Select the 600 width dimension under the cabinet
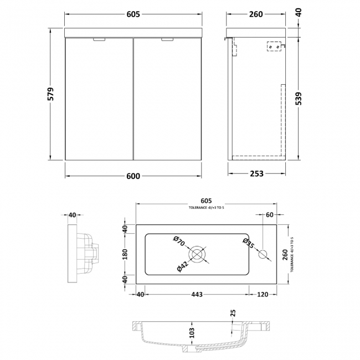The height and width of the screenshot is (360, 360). point(133,177)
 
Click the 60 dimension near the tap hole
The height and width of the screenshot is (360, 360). point(270,214)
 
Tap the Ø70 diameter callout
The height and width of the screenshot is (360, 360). point(178,242)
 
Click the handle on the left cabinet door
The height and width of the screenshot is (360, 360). point(100,39)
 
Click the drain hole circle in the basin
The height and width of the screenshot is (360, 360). point(197,254)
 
